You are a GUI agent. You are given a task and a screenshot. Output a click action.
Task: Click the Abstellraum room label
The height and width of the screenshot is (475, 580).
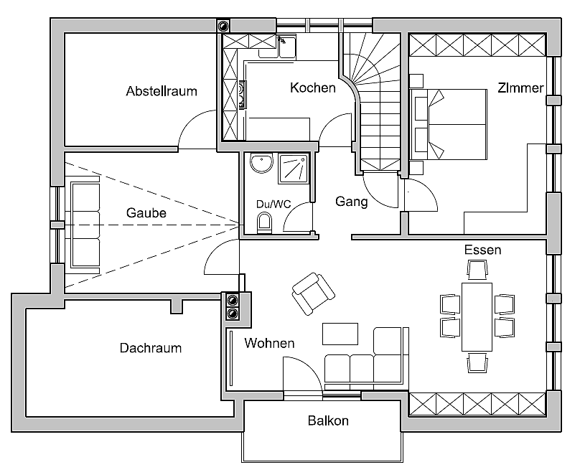pyautogui.click(x=162, y=91)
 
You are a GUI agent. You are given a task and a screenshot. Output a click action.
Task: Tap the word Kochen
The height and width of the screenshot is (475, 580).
pyautogui.click(x=312, y=88)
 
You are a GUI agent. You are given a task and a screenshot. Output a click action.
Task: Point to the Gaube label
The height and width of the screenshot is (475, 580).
pyautogui.click(x=146, y=213)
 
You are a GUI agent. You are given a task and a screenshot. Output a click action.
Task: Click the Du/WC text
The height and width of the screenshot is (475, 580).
pyautogui.click(x=273, y=204)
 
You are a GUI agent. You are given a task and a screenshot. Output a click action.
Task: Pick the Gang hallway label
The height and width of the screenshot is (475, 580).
pyautogui.click(x=352, y=202)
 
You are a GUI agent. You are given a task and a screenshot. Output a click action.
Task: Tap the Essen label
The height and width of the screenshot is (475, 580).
pyautogui.click(x=482, y=250)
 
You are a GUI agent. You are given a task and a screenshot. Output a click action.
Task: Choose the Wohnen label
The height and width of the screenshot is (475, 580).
pyautogui.click(x=269, y=343)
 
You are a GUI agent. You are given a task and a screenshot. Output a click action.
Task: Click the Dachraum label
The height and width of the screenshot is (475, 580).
pyautogui.click(x=151, y=348)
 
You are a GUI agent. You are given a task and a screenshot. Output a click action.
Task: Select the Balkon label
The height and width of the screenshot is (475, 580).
pyautogui.click(x=328, y=420)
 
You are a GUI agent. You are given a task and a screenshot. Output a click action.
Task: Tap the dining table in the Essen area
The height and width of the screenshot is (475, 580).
pyautogui.click(x=477, y=315)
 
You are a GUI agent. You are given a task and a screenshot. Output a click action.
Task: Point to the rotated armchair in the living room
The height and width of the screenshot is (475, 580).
pyautogui.click(x=314, y=293)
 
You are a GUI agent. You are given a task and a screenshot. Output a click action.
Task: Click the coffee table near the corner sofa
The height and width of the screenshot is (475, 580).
pyautogui.click(x=340, y=334)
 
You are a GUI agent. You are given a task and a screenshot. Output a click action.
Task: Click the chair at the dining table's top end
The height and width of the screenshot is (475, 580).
pyautogui.click(x=477, y=270)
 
